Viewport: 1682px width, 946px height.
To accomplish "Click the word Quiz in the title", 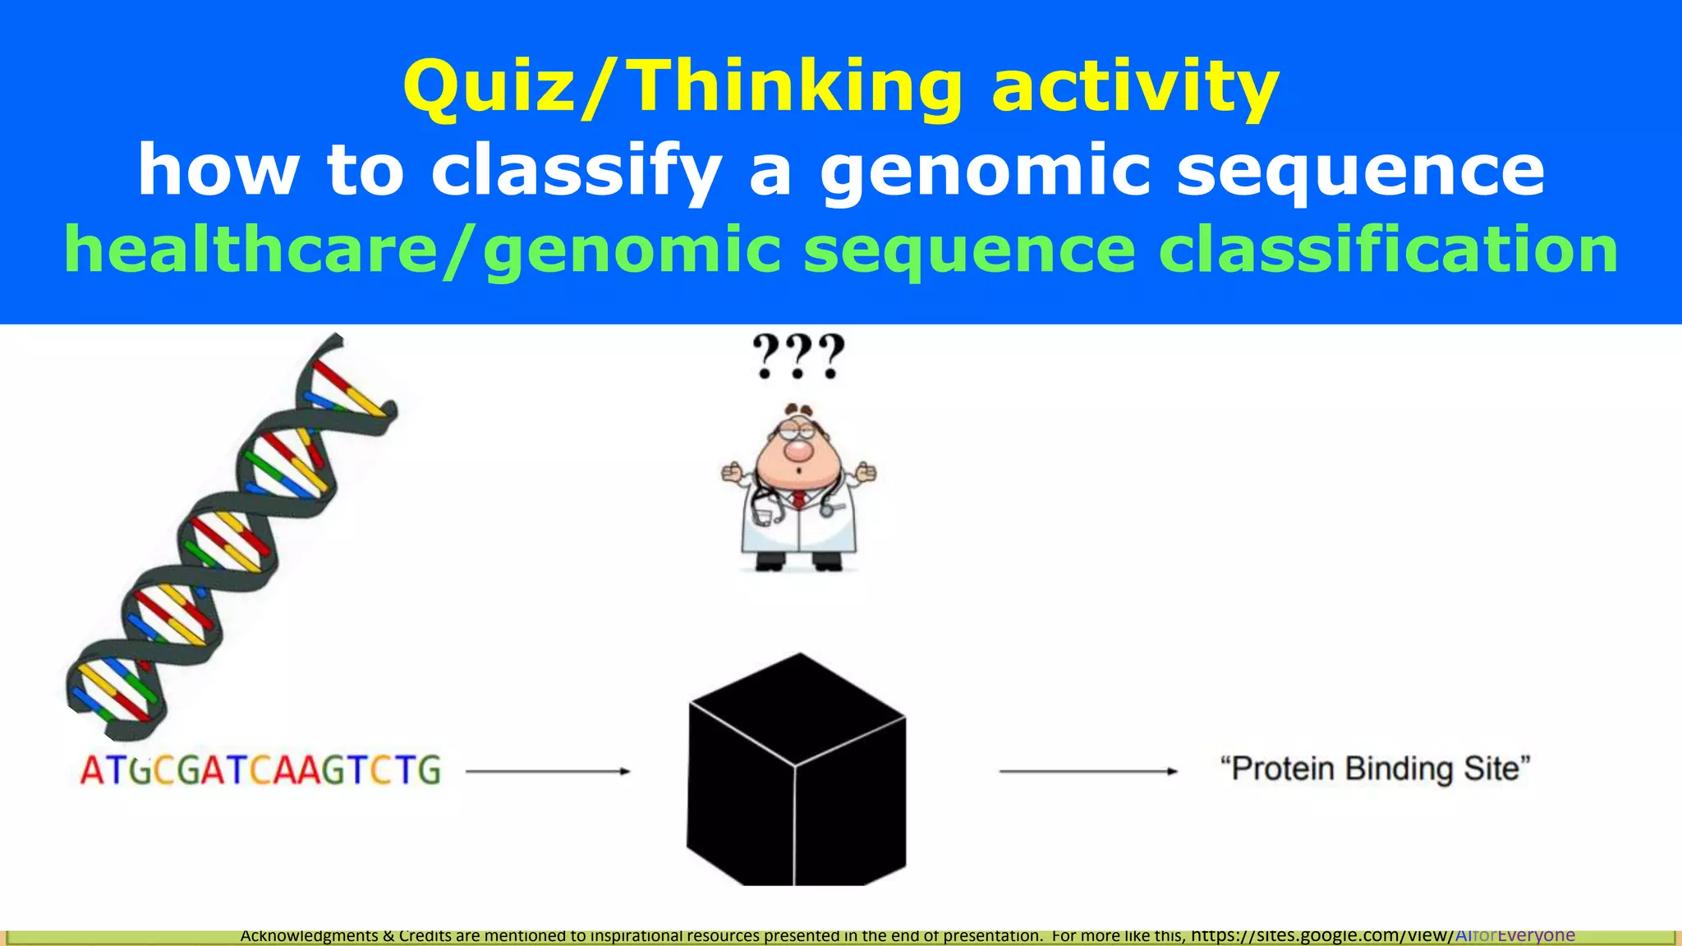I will (486, 89).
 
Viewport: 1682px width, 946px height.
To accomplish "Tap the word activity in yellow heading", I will (1135, 89).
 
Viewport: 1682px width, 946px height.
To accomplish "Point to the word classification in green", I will (1388, 250).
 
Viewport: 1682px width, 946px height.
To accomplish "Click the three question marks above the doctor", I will (798, 356).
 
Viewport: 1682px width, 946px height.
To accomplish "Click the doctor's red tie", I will (798, 499).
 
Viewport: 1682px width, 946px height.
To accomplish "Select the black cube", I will (796, 772).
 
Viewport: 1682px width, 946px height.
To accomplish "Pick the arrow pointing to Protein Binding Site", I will (1087, 771).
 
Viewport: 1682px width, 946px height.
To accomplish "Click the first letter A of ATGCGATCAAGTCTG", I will (92, 771).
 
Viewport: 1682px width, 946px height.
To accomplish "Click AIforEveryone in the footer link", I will (1514, 935).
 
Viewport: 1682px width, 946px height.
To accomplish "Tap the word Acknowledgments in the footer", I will (309, 935).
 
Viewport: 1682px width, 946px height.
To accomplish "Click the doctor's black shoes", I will (797, 563).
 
